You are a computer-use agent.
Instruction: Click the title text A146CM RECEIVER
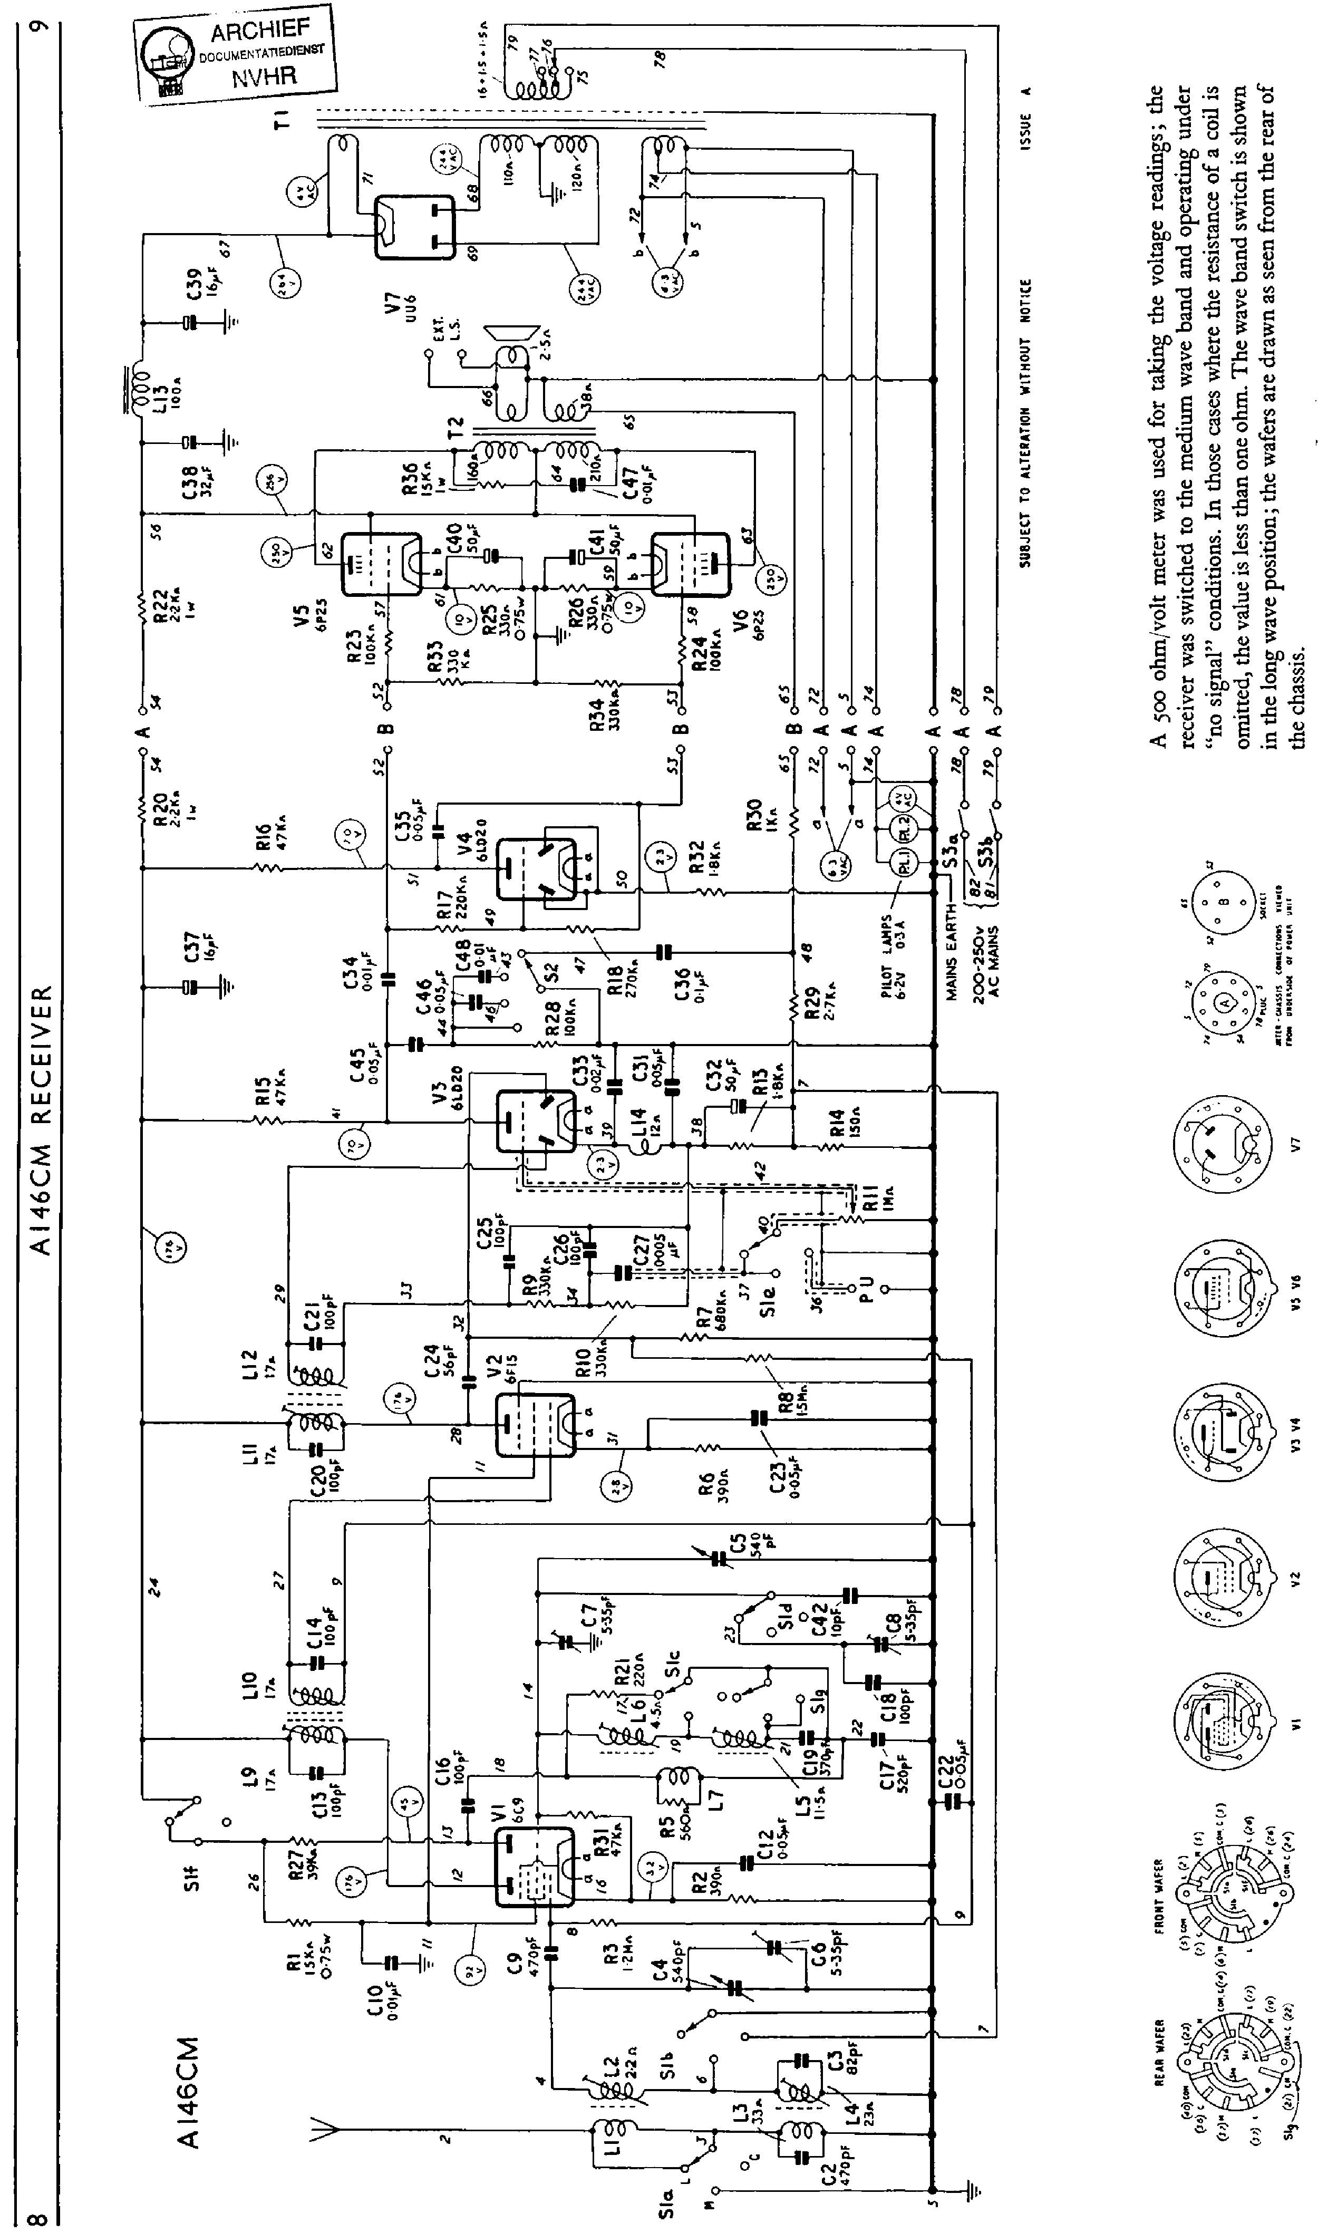coord(40,1119)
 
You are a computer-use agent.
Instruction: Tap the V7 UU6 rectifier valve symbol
coord(414,227)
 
